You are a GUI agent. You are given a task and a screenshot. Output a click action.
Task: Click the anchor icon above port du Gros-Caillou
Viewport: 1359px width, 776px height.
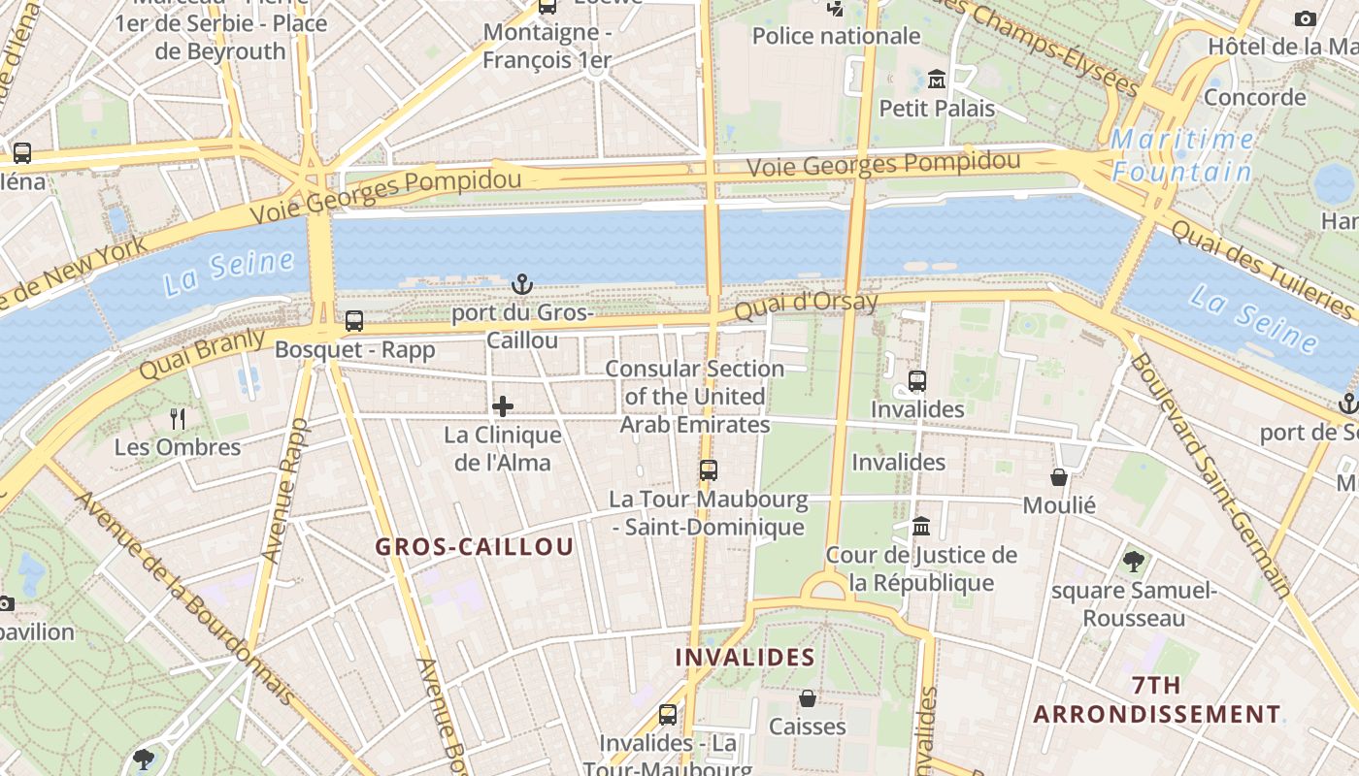522,284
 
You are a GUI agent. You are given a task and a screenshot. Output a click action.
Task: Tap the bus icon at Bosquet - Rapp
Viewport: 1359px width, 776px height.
354,321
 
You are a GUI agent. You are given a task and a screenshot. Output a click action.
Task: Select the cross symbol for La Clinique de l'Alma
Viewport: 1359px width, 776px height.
503,406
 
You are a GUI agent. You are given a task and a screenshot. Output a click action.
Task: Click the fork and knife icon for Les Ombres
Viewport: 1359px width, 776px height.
178,419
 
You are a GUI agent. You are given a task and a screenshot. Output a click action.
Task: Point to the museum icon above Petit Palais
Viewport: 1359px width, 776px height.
937,79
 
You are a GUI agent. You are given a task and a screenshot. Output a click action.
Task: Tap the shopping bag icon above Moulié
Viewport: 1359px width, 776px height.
1059,477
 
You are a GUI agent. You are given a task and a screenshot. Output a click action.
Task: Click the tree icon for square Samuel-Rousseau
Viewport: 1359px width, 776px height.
1133,561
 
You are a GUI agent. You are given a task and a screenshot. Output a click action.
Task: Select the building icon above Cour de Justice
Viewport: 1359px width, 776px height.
921,527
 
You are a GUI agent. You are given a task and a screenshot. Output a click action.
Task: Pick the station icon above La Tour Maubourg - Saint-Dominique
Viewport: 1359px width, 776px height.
709,470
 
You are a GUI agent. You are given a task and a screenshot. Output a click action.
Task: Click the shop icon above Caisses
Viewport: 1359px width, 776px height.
807,698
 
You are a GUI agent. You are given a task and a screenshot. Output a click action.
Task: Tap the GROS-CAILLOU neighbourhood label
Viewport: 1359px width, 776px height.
475,547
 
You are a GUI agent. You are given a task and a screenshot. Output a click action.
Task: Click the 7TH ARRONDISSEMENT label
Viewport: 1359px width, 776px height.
1156,700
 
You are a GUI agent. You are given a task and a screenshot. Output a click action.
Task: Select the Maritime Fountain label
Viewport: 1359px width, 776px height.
1182,156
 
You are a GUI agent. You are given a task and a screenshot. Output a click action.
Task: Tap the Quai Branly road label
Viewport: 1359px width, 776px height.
202,355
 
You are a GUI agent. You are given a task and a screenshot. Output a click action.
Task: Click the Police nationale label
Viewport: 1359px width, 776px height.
836,37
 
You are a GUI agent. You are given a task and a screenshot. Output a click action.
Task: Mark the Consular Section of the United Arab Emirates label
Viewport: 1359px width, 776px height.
695,397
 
